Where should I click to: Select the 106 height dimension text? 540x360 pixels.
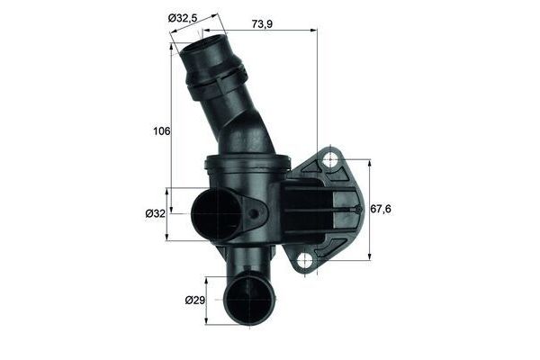point(161,131)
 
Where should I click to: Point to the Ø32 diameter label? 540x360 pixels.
point(156,213)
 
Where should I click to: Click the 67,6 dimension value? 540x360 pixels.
point(384,209)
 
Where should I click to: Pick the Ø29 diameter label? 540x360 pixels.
point(194,299)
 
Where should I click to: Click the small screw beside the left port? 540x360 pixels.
point(256,215)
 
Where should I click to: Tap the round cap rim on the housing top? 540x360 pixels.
point(247,161)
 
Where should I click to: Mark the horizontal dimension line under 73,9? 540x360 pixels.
point(270,30)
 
